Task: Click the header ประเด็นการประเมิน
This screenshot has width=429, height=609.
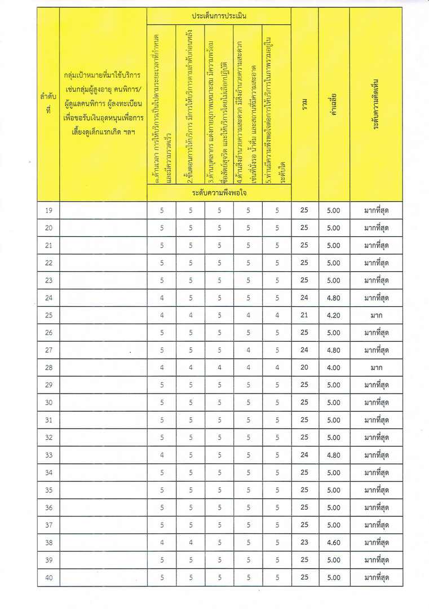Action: click(x=219, y=16)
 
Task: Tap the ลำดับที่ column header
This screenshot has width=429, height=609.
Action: click(x=48, y=104)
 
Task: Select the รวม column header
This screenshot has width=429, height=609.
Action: click(x=304, y=104)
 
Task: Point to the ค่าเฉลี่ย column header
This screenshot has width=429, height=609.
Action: click(x=334, y=104)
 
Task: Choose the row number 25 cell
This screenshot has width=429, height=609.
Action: click(x=48, y=315)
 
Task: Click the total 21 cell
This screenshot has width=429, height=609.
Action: click(x=304, y=315)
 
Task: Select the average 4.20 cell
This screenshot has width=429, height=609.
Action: click(x=334, y=315)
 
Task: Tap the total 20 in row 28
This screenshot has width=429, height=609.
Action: click(x=304, y=368)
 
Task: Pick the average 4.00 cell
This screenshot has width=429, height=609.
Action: click(x=334, y=368)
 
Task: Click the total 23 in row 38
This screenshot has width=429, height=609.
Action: click(x=304, y=542)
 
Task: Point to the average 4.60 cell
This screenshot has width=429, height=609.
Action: click(x=334, y=542)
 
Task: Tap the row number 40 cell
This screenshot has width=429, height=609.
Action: click(x=48, y=577)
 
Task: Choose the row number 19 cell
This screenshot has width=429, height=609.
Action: click(x=48, y=210)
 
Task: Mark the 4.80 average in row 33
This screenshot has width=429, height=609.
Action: click(x=334, y=455)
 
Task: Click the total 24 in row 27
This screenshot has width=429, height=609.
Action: click(x=304, y=350)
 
